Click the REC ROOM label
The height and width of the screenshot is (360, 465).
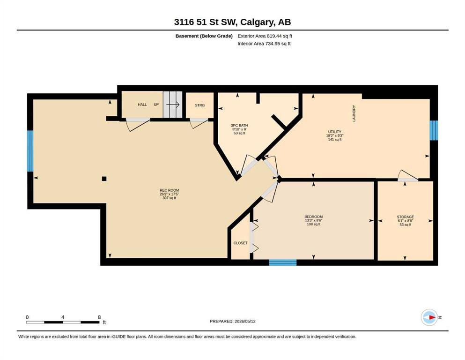click(x=169, y=190)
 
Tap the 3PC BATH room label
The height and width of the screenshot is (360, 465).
click(x=239, y=126)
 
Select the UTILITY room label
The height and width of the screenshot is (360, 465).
click(x=334, y=132)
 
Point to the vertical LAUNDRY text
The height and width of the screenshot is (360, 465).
click(x=354, y=113)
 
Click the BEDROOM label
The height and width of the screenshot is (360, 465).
click(x=313, y=217)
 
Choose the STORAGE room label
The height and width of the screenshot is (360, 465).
click(x=405, y=217)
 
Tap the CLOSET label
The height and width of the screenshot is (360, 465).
click(x=240, y=243)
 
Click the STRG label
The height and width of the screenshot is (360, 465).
click(x=200, y=105)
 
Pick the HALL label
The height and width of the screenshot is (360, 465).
click(x=142, y=105)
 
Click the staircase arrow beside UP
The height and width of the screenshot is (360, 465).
click(x=173, y=105)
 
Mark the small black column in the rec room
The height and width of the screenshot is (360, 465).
click(x=104, y=179)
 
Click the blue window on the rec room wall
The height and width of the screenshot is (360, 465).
click(x=30, y=151)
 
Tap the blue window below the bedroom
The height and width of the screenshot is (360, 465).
click(x=283, y=262)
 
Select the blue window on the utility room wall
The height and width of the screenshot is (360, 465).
click(x=434, y=130)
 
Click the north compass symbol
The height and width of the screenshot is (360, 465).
click(x=429, y=317)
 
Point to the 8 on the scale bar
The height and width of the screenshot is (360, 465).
click(x=99, y=317)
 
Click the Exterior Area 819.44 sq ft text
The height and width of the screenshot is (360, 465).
click(x=265, y=36)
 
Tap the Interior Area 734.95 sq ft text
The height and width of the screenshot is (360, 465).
click(x=264, y=44)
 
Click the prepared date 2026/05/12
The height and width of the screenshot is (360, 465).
click(x=245, y=321)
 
